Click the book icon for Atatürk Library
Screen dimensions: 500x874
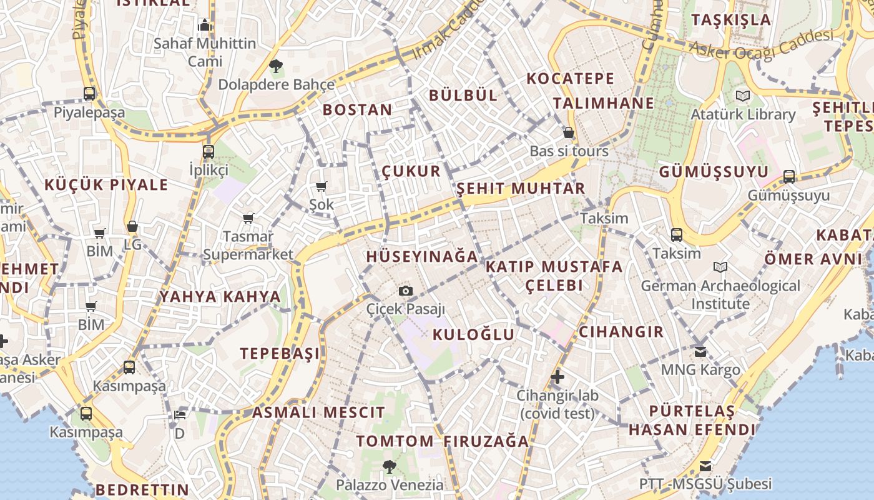tap(742, 96)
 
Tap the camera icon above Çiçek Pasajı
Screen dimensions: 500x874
tap(406, 291)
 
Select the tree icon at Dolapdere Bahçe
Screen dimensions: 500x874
tap(275, 66)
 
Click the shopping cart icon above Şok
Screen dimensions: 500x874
tap(322, 186)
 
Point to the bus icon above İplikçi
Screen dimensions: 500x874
tap(209, 151)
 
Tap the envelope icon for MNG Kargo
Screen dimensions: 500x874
tap(700, 351)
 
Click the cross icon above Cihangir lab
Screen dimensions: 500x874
tap(557, 377)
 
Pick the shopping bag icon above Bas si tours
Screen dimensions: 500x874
tap(569, 132)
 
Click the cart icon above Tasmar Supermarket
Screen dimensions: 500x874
tap(248, 218)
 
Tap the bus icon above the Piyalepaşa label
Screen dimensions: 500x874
tap(89, 94)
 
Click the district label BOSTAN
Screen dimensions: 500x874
tap(358, 110)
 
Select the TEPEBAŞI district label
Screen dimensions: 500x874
tap(280, 353)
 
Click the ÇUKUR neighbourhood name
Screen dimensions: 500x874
tap(411, 171)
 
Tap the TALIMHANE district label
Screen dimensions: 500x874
tap(604, 103)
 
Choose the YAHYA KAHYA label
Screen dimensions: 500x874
tap(220, 296)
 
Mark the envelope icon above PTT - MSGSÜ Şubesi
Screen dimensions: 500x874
tap(705, 466)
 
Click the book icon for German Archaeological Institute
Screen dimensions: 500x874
tap(720, 267)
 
